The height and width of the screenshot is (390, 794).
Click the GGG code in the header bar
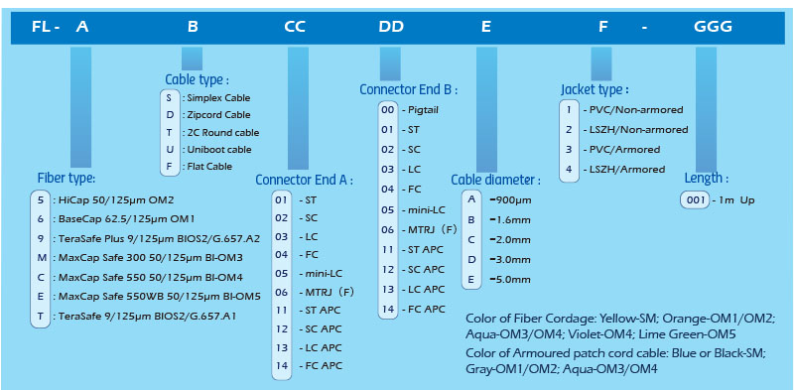713,27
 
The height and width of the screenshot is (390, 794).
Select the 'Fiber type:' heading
66,179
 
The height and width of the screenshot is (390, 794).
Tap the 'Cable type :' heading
197,80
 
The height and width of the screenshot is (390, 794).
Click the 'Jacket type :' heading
595,90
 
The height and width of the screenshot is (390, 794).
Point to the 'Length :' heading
707,179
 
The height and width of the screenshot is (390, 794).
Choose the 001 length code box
695,200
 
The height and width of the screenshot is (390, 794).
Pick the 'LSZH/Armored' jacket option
627,169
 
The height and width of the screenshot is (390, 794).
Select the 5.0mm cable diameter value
513,280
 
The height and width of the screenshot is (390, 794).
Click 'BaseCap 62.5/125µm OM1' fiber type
127,219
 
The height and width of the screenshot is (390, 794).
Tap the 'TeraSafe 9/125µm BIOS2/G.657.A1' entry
147,317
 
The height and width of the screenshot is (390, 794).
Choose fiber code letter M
41,258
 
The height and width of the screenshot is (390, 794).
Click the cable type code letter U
170,150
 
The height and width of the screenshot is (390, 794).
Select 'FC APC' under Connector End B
427,309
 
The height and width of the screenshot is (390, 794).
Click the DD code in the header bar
391,27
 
